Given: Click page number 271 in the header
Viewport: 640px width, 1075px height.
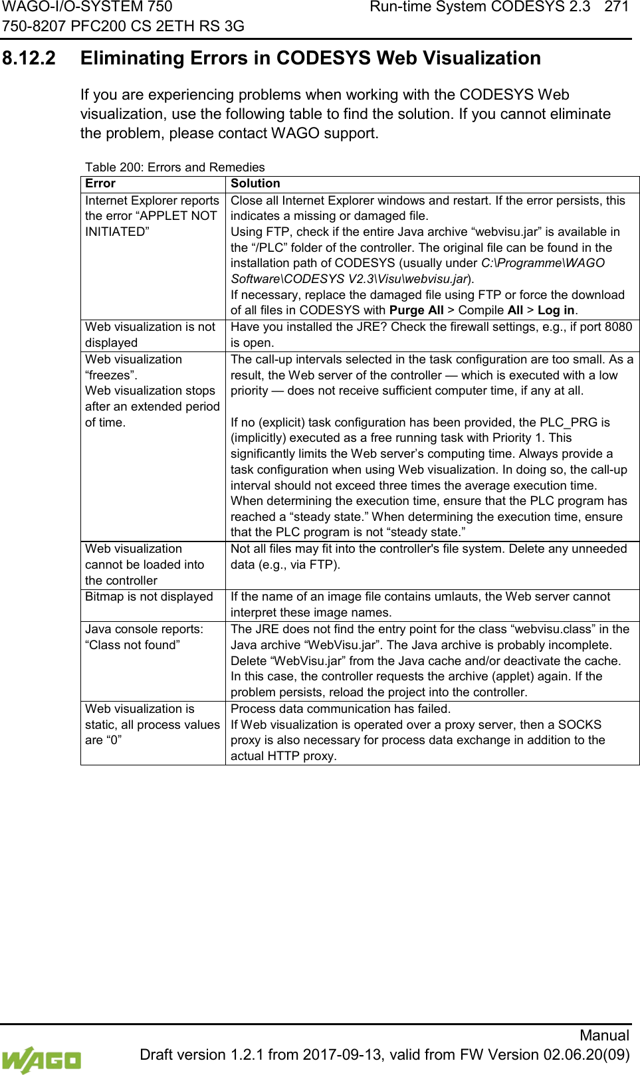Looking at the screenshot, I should coord(616,7).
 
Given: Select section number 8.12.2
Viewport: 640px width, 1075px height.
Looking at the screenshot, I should coord(29,58).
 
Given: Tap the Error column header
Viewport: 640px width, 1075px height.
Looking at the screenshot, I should coord(100,183).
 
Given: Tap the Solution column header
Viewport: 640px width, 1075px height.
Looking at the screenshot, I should coord(255,183).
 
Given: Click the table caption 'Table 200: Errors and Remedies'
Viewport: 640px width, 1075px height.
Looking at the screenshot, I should coord(175,167).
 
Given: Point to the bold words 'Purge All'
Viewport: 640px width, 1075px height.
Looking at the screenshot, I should coord(416,310).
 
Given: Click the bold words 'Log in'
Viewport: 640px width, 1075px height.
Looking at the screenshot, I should coord(556,310).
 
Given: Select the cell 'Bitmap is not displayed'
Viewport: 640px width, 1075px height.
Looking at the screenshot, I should coord(149,597).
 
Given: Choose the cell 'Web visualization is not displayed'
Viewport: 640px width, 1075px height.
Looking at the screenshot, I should coord(150,334).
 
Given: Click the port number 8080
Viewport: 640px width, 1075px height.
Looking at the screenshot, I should coord(618,327).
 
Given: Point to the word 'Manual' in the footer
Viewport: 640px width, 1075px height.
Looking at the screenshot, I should coord(604,1035).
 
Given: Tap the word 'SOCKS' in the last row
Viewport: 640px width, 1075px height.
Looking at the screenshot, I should coord(580,725).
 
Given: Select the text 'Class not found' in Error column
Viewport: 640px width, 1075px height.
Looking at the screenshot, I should coord(132,645).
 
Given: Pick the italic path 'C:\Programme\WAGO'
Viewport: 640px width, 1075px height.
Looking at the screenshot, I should coord(543,263).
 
